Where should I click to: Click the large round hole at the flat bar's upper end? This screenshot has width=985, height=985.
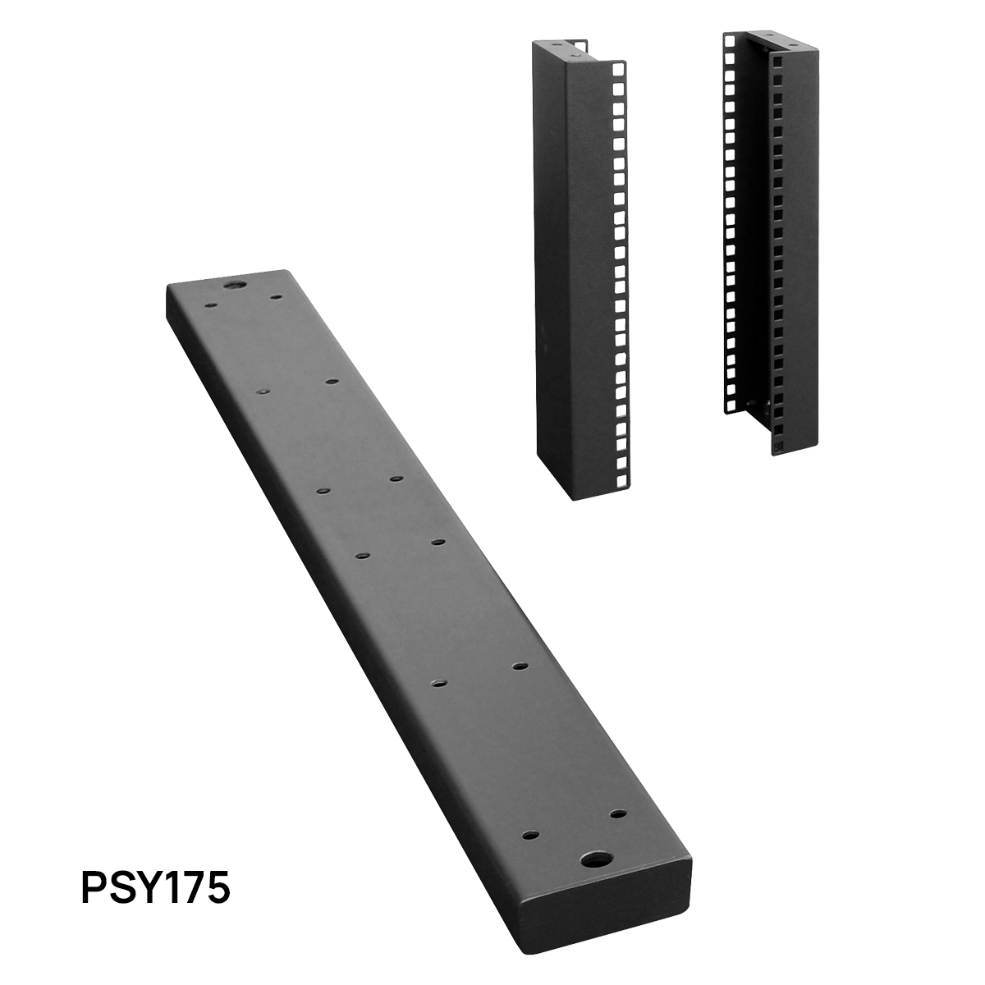[234, 286]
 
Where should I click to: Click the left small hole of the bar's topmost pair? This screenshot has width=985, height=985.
[211, 307]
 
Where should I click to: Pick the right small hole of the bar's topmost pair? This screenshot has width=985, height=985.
[276, 297]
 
